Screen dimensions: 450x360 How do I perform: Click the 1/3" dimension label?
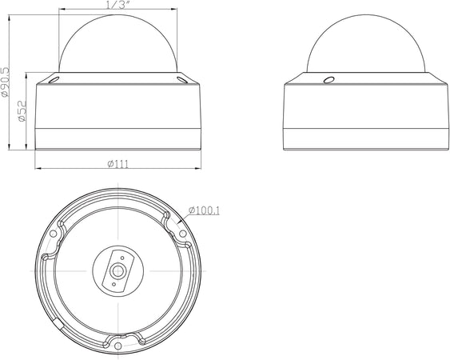[x=117, y=5]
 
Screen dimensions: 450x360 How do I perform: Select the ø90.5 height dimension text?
[x=5, y=82]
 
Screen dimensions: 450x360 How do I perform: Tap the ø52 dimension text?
[x=22, y=111]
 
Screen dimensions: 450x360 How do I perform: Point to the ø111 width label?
[x=118, y=164]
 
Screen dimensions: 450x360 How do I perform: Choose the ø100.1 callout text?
[x=204, y=210]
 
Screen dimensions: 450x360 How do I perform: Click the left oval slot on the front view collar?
[x=54, y=80]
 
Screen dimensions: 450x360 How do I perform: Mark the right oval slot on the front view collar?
[x=182, y=80]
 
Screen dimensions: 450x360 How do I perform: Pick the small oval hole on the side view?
[x=329, y=79]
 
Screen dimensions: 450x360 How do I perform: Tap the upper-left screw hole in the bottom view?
[x=53, y=234]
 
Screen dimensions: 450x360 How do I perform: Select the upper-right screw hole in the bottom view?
[x=183, y=234]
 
